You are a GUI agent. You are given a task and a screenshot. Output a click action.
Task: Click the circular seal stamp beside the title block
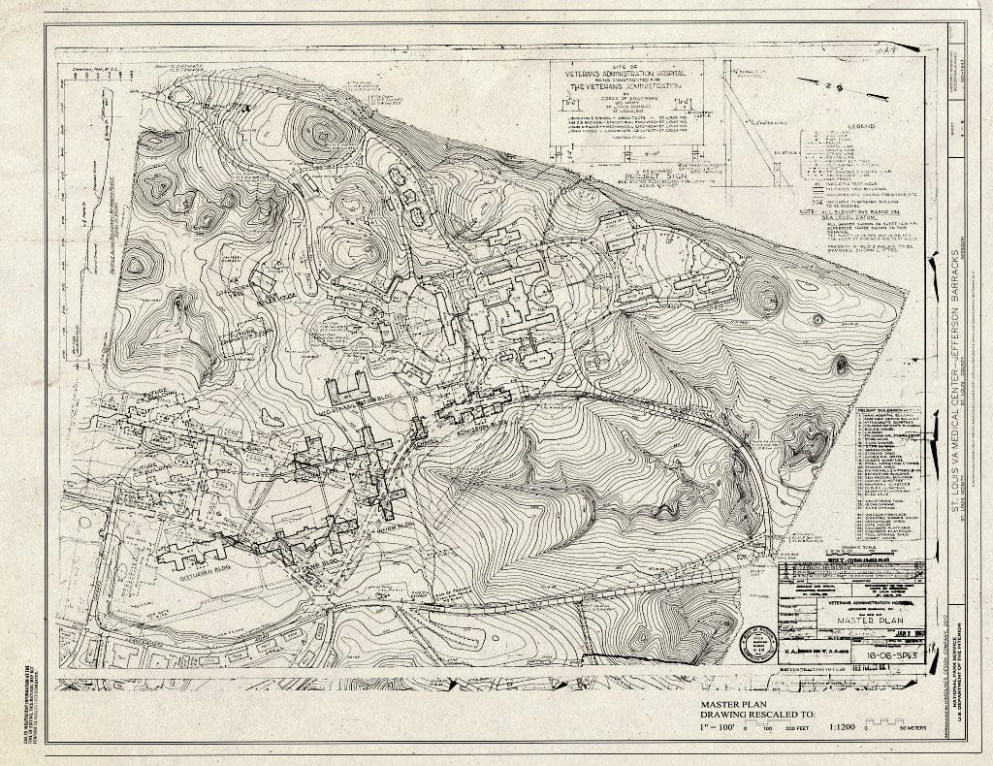coord(758,643)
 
